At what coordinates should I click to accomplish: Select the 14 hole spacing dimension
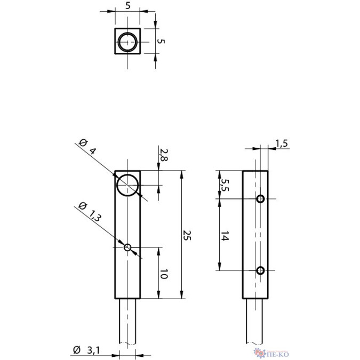click(225, 235)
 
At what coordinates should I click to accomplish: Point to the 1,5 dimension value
click(282, 142)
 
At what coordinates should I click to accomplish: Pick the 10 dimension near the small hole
click(164, 274)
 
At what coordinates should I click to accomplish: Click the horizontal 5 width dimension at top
click(128, 6)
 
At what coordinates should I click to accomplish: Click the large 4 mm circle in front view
click(128, 185)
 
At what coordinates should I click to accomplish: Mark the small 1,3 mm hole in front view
click(127, 247)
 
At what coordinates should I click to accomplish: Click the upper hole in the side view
click(260, 199)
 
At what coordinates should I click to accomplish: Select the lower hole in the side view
click(260, 270)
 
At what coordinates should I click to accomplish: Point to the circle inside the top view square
click(128, 42)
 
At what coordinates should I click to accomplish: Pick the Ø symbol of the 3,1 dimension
click(76, 350)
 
